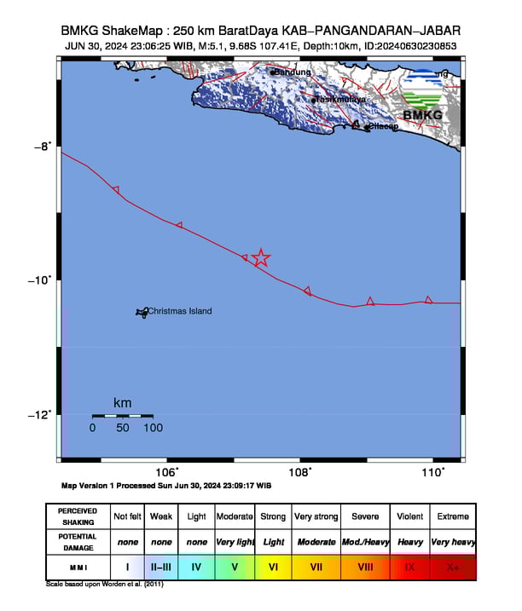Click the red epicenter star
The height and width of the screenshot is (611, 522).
(261, 257)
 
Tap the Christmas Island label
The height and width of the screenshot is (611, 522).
(179, 311)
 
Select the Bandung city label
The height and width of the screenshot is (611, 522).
(293, 72)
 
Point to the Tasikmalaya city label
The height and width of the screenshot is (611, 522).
(341, 100)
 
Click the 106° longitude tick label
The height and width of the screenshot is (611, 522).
(167, 471)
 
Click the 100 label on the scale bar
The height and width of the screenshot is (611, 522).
(153, 428)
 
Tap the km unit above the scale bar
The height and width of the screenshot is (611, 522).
(122, 402)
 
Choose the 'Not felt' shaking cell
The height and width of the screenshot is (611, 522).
(128, 516)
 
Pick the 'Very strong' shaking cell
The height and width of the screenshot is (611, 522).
(316, 516)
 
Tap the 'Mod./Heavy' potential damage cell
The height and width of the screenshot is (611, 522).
(366, 542)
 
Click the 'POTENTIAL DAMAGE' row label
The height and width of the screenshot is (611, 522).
(78, 542)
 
